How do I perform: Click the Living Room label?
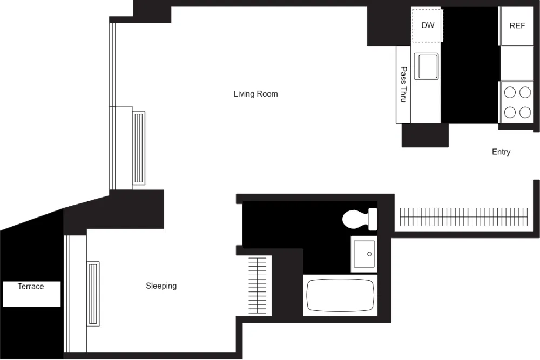(255, 94)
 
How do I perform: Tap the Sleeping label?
(161, 286)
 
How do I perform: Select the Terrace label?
(31, 287)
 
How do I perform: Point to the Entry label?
(501, 152)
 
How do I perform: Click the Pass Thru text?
(403, 85)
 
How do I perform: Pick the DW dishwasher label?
(428, 25)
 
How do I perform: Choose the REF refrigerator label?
(517, 26)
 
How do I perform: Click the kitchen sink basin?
(427, 66)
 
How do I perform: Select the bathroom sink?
(364, 254)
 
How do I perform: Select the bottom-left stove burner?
(510, 112)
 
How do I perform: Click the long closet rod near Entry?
(463, 217)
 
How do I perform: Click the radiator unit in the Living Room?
(139, 147)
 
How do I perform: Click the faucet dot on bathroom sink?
(370, 254)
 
